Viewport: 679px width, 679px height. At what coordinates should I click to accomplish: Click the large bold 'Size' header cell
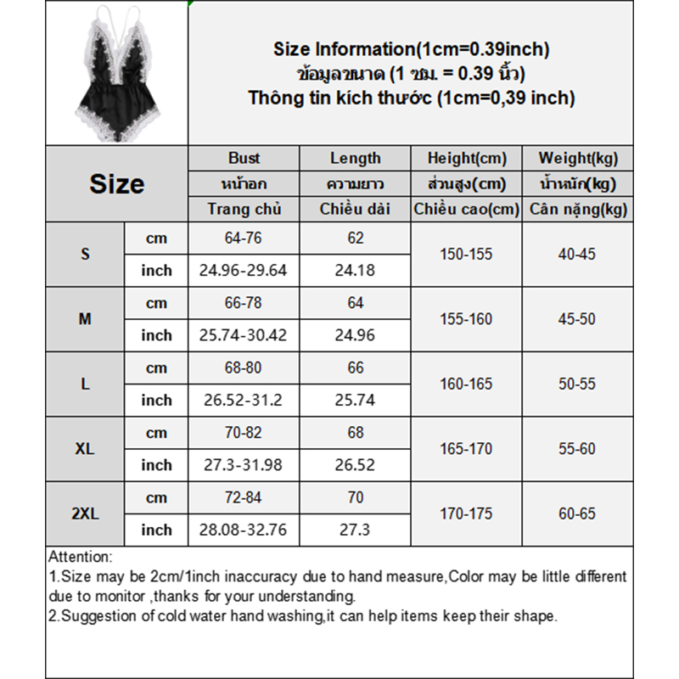pyautogui.click(x=116, y=183)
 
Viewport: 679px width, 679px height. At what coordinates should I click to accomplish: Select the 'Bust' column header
pyautogui.click(x=244, y=158)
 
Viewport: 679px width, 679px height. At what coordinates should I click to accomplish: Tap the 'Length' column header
pyautogui.click(x=356, y=158)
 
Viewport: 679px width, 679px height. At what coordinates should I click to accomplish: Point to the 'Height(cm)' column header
pyautogui.click(x=466, y=158)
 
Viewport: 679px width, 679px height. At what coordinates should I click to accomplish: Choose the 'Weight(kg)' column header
pyautogui.click(x=578, y=158)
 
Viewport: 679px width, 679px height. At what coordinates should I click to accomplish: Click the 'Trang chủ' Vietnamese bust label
pyautogui.click(x=244, y=209)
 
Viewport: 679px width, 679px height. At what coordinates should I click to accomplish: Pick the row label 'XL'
pyautogui.click(x=85, y=448)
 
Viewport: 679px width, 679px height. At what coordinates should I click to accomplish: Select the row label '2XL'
pyautogui.click(x=85, y=513)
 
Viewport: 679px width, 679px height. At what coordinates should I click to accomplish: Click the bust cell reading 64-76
pyautogui.click(x=244, y=238)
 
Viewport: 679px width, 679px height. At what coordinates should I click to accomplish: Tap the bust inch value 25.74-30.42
pyautogui.click(x=244, y=335)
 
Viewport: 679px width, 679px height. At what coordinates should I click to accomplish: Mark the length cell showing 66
pyautogui.click(x=356, y=368)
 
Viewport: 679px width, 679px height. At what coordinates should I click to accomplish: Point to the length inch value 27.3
pyautogui.click(x=356, y=530)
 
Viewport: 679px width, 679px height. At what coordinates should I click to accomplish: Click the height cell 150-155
pyautogui.click(x=466, y=254)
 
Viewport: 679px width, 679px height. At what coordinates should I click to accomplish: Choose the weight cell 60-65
pyautogui.click(x=578, y=513)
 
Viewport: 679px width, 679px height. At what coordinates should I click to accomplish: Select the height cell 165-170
pyautogui.click(x=466, y=448)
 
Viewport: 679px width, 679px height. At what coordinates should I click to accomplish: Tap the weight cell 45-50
pyautogui.click(x=578, y=319)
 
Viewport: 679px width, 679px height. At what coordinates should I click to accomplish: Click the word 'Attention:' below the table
pyautogui.click(x=80, y=558)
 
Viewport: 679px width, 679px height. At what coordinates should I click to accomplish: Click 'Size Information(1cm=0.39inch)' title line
pyautogui.click(x=412, y=49)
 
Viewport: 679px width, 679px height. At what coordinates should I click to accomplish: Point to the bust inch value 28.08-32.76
pyautogui.click(x=244, y=530)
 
